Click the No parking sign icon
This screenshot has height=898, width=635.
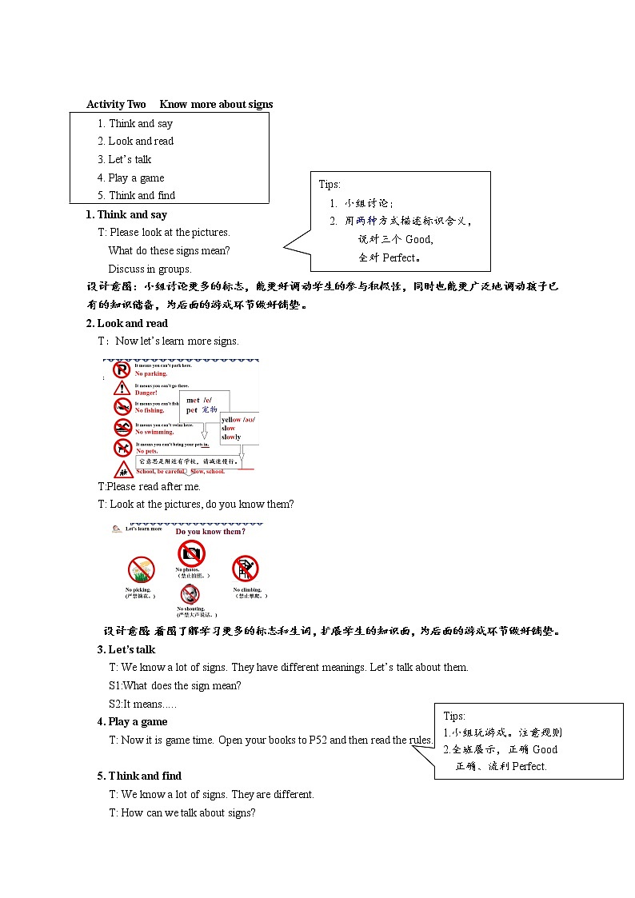coord(122,369)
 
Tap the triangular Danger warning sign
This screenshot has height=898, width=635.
coord(122,389)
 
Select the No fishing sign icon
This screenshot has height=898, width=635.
coord(122,407)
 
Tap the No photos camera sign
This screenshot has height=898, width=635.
coord(192,553)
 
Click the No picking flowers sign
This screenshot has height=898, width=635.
coord(141,569)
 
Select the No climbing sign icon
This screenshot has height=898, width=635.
coord(245,569)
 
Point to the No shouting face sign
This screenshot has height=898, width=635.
coord(190,594)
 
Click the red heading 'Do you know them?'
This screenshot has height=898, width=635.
coord(210,532)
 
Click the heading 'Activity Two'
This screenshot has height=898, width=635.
coord(116,105)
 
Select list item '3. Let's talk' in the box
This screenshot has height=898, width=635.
coord(124,159)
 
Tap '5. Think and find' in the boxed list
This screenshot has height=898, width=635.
coord(136,195)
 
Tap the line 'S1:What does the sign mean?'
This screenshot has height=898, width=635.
coord(174,685)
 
